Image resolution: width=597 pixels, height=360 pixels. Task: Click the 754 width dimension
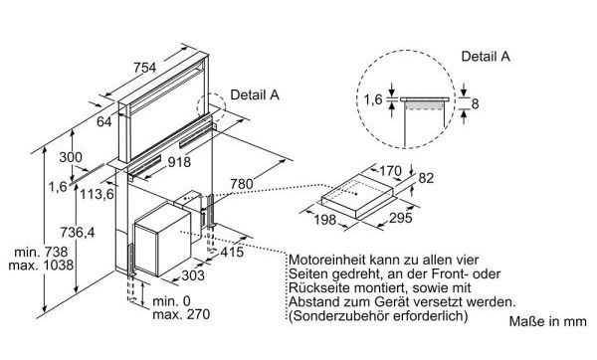pos(144,68)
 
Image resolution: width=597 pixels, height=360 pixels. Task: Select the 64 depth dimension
pos(103,121)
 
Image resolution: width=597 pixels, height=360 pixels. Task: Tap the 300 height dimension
pos(71,157)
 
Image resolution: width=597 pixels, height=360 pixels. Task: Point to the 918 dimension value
pos(179,162)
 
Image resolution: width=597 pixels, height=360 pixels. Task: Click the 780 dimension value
pos(242,184)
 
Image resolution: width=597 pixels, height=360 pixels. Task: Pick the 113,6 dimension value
pos(97,195)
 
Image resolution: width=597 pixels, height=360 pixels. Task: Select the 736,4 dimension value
pos(78,232)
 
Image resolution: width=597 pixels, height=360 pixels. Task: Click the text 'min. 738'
pos(41,252)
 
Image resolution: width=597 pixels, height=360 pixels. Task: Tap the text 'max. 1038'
pos(41,265)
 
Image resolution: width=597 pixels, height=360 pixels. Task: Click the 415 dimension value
pos(232,252)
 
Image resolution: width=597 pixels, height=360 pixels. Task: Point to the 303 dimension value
pos(193,275)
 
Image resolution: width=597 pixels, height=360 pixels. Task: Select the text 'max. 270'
pos(181,314)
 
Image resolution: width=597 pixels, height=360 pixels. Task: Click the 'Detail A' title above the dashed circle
pos(486,57)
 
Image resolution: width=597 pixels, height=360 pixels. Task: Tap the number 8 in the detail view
pos(475,103)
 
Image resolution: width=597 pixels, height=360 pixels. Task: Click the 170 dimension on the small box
pos(390,171)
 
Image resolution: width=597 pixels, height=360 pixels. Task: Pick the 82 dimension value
pos(426,178)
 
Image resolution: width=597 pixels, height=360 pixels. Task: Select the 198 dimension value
pos(325,220)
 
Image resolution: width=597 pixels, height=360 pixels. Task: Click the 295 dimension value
pos(401,218)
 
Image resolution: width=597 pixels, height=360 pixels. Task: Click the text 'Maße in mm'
pos(547,321)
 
